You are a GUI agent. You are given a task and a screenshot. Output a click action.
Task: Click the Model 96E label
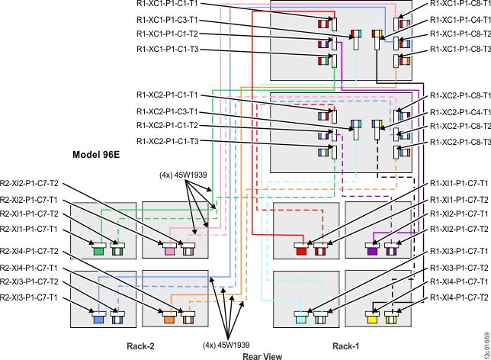pos(95,154)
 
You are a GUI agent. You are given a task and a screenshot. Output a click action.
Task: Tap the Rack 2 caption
pos(140,346)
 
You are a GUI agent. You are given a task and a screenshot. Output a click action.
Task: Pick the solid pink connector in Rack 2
pos(171,249)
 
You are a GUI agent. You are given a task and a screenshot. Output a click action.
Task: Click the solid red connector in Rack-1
pos(301,249)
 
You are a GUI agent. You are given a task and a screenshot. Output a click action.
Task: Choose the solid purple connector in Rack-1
pos(373,249)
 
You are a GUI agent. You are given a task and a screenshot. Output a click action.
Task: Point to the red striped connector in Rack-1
pos(320,249)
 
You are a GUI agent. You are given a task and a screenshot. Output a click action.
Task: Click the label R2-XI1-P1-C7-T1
pos(30,228)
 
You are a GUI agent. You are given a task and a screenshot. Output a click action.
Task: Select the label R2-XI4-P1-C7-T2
pos(30,251)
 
